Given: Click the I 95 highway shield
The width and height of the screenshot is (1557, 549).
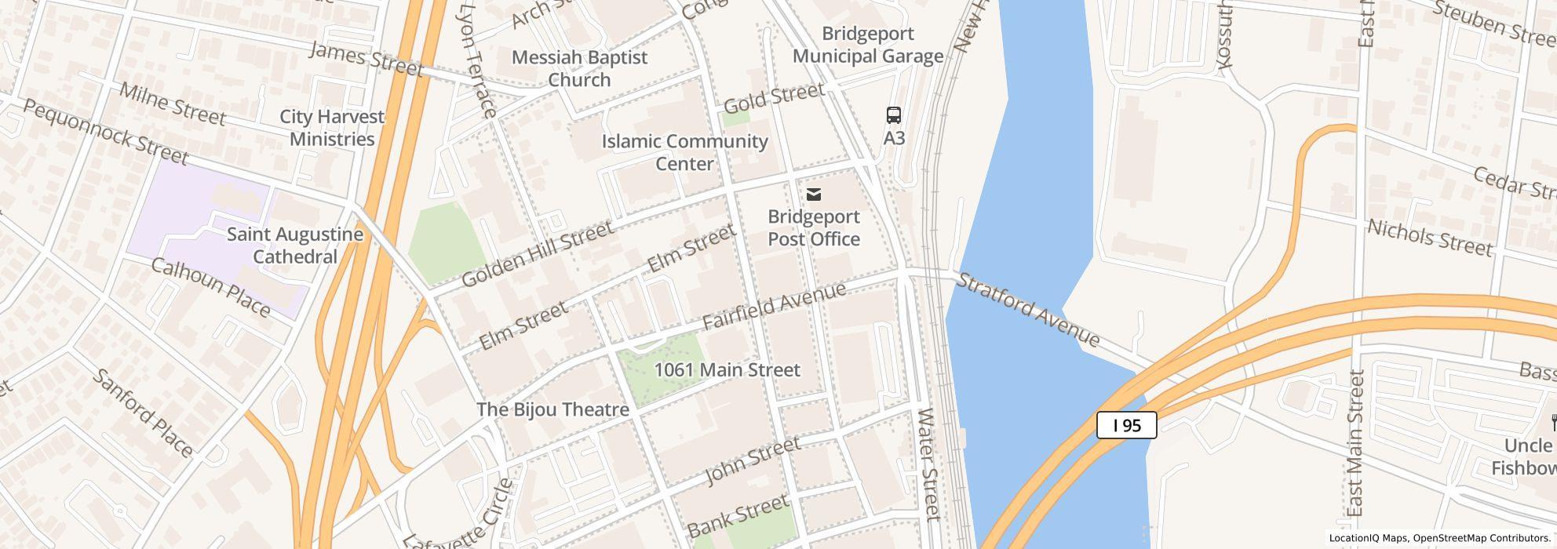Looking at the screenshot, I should pyautogui.click(x=1126, y=426).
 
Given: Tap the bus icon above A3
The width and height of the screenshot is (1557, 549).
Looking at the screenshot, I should pyautogui.click(x=893, y=115).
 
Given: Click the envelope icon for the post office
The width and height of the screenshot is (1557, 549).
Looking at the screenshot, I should pyautogui.click(x=814, y=195).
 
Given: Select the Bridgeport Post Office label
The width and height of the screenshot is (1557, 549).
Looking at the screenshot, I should pyautogui.click(x=814, y=227).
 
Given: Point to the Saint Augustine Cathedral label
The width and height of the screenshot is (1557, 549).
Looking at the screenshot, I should pyautogui.click(x=295, y=245).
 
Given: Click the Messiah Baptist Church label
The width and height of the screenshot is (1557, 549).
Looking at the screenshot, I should pyautogui.click(x=579, y=68).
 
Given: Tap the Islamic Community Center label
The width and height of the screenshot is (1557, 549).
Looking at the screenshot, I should pyautogui.click(x=684, y=152).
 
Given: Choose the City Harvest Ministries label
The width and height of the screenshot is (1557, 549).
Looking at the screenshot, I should pyautogui.click(x=332, y=128).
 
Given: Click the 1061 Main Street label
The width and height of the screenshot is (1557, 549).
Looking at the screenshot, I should pyautogui.click(x=727, y=369).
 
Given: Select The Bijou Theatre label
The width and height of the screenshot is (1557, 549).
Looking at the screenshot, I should pyautogui.click(x=552, y=409).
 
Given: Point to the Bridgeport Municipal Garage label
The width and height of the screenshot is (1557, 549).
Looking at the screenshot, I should pyautogui.click(x=867, y=45).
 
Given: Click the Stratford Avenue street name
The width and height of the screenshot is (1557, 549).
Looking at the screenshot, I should pyautogui.click(x=1028, y=310).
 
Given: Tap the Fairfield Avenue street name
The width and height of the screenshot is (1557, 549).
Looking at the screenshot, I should pyautogui.click(x=774, y=306).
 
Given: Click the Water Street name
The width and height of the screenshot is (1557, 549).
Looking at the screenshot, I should pyautogui.click(x=928, y=464).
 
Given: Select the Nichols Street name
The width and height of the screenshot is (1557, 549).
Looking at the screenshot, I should pyautogui.click(x=1429, y=238).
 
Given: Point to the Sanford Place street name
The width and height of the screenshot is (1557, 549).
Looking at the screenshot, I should pyautogui.click(x=143, y=413).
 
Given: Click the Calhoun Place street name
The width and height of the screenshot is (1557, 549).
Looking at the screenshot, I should pyautogui.click(x=210, y=287).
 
